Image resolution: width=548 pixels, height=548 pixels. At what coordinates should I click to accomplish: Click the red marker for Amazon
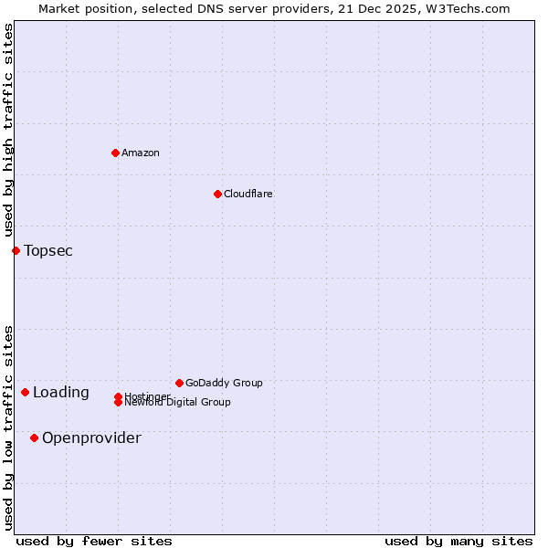tap(115, 153)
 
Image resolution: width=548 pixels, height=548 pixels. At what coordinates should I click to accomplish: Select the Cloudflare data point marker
tap(217, 194)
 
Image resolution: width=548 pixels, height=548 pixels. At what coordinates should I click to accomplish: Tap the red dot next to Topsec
tap(16, 250)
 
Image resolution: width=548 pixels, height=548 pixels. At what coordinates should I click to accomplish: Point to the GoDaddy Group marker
tap(179, 383)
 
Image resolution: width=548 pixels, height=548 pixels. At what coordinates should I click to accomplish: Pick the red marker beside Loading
tap(25, 392)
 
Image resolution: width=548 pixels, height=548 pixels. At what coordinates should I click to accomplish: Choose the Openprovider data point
tap(34, 437)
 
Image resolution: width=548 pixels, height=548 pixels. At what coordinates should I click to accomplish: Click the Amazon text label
tap(140, 153)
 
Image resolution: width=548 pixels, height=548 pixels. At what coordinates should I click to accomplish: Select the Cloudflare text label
tap(248, 194)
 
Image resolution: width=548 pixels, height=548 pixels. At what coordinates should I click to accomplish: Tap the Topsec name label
tap(48, 250)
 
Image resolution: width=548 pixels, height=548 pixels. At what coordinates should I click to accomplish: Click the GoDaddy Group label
tap(224, 383)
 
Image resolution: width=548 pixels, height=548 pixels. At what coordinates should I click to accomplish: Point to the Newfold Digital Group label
tap(177, 403)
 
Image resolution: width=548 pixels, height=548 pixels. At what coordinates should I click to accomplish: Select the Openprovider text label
tap(91, 437)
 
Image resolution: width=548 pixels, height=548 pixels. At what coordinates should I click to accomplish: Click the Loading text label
tap(61, 393)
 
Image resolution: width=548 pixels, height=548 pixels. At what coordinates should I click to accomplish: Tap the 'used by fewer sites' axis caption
tap(94, 541)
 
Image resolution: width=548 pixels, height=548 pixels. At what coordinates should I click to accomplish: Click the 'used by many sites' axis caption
tap(458, 541)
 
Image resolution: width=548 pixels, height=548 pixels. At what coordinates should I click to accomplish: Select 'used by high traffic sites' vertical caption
tap(8, 131)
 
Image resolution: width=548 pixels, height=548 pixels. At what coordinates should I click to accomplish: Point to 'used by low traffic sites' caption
tap(8, 427)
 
